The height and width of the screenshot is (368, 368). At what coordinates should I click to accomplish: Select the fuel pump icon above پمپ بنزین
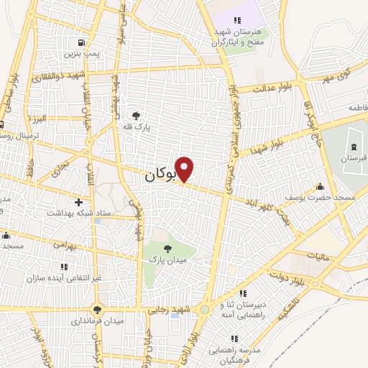[x=88, y=42]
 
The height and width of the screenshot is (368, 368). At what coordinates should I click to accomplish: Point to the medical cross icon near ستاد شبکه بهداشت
[x=78, y=202]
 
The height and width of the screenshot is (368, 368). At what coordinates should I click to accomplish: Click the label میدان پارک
[x=168, y=258]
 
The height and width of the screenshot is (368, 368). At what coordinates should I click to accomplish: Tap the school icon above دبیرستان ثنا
[x=243, y=293]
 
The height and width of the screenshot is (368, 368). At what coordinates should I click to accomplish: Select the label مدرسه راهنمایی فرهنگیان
[x=236, y=351]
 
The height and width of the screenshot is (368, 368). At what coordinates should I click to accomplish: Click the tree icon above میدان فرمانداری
[x=97, y=310]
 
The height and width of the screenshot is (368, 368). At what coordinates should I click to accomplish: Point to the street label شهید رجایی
[x=167, y=310]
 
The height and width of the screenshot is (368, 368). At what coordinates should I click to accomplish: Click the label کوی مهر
[x=336, y=75]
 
